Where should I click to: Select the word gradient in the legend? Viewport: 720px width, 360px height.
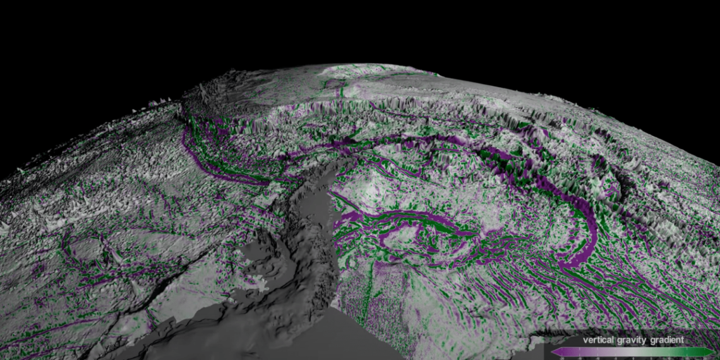coord(666,340)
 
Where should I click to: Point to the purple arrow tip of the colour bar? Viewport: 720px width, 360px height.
coord(554,352)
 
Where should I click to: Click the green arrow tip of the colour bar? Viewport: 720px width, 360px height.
coord(712,352)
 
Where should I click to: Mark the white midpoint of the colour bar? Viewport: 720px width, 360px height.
coord(633,352)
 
